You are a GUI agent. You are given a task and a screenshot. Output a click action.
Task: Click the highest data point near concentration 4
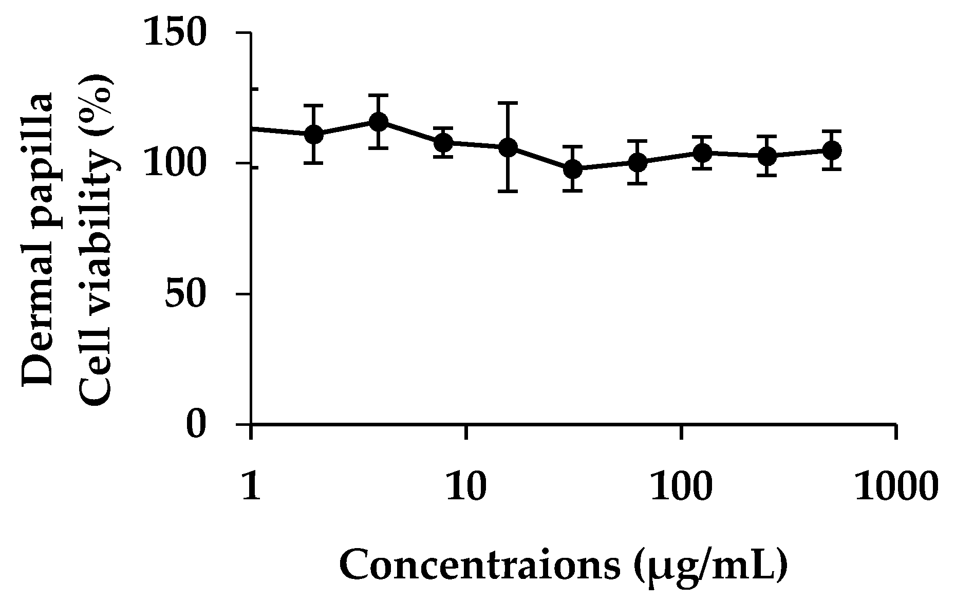378,122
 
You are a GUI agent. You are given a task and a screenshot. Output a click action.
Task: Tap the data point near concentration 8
443,142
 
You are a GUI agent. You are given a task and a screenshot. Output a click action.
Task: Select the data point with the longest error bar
508,148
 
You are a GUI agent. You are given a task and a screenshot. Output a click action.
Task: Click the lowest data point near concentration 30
573,169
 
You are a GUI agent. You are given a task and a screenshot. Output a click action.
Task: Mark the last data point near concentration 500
832,151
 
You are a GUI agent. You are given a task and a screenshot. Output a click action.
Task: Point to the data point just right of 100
702,153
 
